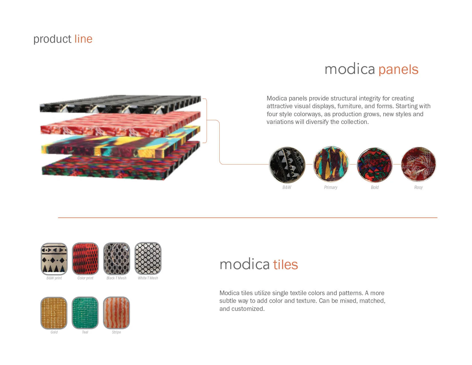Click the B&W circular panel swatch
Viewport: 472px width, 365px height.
point(287,165)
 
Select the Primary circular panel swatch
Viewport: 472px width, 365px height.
point(331,164)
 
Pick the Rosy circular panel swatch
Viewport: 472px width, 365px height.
point(419,164)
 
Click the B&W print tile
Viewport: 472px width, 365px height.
point(54,259)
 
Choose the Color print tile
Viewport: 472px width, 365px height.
point(85,259)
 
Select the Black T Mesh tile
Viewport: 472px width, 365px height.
point(116,259)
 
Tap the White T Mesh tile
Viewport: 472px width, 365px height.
point(148,259)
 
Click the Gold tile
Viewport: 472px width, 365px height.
point(54,313)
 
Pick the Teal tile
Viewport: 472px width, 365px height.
point(85,313)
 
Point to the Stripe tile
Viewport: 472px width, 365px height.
point(116,313)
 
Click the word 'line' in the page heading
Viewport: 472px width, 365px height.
point(83,39)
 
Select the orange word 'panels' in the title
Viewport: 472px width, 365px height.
point(398,70)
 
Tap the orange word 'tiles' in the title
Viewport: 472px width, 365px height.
point(285,265)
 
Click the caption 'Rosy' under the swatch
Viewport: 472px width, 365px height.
point(418,188)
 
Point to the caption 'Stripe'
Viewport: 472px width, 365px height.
point(116,332)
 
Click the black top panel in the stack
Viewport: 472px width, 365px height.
point(120,103)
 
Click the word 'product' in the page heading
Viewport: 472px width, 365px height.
point(52,39)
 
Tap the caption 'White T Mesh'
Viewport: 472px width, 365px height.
point(148,278)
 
